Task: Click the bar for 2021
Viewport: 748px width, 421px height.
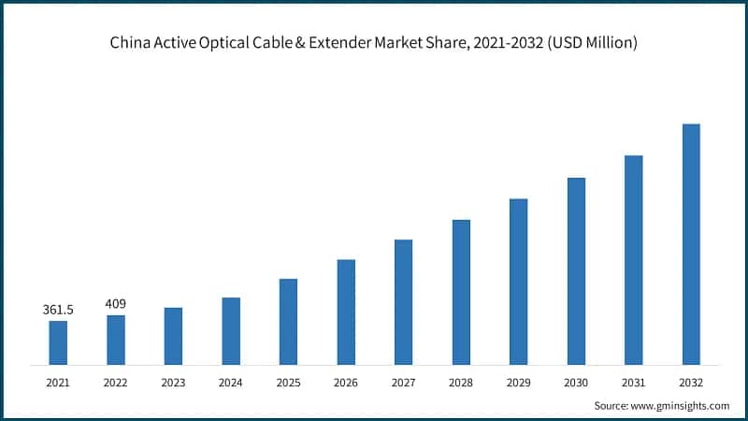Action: (x=58, y=342)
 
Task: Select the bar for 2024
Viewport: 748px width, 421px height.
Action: (x=231, y=331)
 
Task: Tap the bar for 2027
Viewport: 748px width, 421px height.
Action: (x=403, y=302)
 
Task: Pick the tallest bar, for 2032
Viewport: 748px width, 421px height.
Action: (x=691, y=244)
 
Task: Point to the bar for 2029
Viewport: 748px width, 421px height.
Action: (x=518, y=282)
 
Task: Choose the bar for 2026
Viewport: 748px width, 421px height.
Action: (x=346, y=312)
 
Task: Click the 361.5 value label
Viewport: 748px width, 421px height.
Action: (x=58, y=310)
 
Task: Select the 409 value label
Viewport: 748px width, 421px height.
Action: (x=116, y=304)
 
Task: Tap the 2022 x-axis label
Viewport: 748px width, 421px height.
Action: (x=116, y=383)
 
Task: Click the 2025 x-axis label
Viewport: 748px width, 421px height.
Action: (x=288, y=383)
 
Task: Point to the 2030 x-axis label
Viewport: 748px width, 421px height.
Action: (x=576, y=383)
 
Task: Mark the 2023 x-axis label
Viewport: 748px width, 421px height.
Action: (x=173, y=383)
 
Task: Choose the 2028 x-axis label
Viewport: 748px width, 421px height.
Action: (x=461, y=383)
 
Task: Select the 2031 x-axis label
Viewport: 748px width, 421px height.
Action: (x=633, y=383)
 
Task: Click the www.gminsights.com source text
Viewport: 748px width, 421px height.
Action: (x=682, y=405)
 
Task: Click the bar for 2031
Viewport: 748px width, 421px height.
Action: (x=633, y=260)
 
